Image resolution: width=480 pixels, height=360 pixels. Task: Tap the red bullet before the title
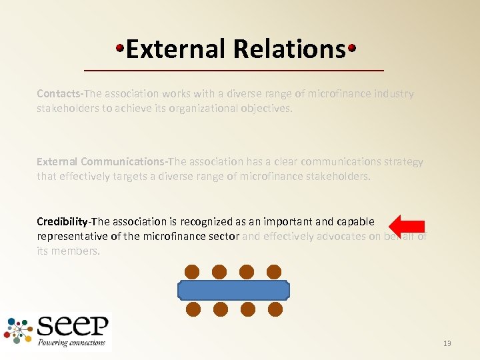point(120,48)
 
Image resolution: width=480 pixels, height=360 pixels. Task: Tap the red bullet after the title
point(351,48)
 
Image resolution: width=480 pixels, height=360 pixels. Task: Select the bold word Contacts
point(56,94)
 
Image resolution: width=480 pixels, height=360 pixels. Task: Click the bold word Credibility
point(62,221)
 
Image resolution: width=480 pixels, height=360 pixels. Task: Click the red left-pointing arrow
point(407,226)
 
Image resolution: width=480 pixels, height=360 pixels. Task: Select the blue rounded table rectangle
point(233,291)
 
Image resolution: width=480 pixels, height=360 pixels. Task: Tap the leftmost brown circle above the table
point(192,271)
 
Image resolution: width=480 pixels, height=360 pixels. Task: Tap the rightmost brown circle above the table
point(274,271)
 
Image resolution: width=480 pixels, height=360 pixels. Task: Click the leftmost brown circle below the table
point(193,309)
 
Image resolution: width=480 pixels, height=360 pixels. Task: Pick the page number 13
point(447,343)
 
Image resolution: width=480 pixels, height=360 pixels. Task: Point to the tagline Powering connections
point(72,343)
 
